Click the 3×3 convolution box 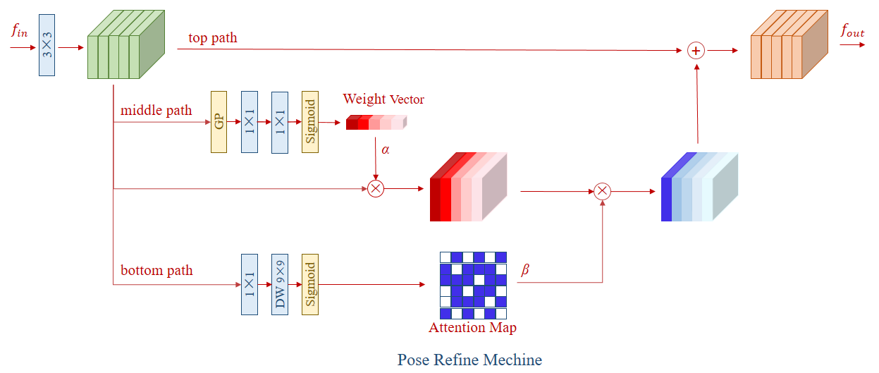click(x=47, y=45)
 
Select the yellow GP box click(x=219, y=122)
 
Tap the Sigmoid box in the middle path click(x=310, y=122)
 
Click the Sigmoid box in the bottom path click(x=310, y=284)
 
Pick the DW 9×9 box click(x=280, y=284)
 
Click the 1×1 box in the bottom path click(x=250, y=284)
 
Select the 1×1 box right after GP click(x=250, y=122)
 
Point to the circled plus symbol click(x=696, y=51)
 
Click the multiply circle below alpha click(x=376, y=189)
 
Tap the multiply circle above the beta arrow click(x=603, y=192)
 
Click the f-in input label click(x=20, y=30)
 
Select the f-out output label click(x=852, y=31)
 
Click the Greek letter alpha click(x=386, y=149)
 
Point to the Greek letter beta click(x=525, y=269)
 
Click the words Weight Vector click(x=383, y=99)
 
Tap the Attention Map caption click(x=472, y=327)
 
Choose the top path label click(x=213, y=37)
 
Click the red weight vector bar click(x=376, y=122)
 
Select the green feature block click(x=126, y=44)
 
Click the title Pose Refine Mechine click(x=469, y=360)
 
